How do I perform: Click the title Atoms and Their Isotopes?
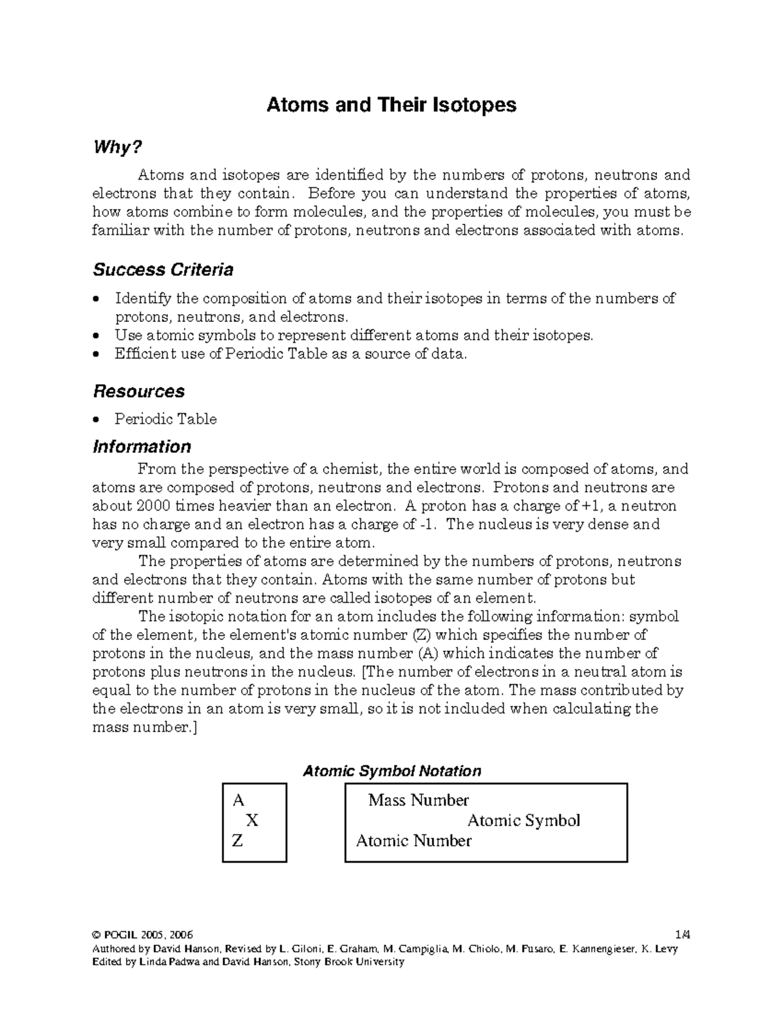tap(391, 105)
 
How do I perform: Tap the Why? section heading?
tap(117, 148)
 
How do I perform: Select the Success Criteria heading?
tap(162, 270)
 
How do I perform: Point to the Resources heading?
tap(138, 391)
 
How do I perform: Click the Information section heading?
tap(142, 447)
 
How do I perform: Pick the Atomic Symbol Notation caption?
tap(391, 771)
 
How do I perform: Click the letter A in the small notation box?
tap(238, 800)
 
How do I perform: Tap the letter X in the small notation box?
tap(251, 821)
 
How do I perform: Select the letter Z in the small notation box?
tap(238, 841)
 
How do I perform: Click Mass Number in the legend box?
tap(418, 800)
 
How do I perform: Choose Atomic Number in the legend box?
tap(414, 841)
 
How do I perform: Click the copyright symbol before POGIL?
tap(97, 935)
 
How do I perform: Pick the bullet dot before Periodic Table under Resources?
tap(97, 419)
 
